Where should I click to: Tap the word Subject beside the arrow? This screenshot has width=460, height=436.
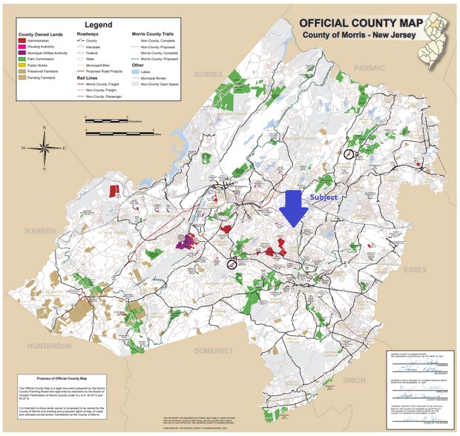pyautogui.click(x=323, y=197)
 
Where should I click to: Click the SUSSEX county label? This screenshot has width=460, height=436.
pyautogui.click(x=208, y=75)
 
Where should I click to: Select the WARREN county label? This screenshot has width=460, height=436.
pyautogui.click(x=39, y=231)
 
